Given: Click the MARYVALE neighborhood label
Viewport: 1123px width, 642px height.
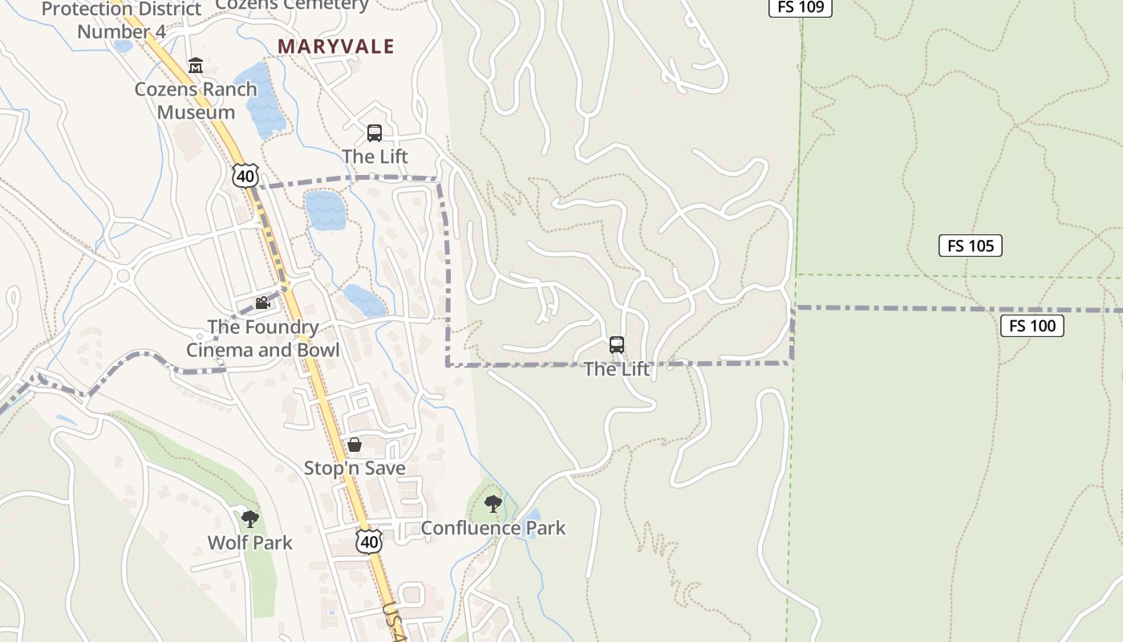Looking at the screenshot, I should (x=336, y=47).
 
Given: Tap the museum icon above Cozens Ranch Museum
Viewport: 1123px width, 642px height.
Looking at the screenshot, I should (x=195, y=65).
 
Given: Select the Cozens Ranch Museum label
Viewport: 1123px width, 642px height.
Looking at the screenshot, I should (x=196, y=100).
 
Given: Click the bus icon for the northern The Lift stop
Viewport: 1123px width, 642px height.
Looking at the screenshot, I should (x=375, y=133).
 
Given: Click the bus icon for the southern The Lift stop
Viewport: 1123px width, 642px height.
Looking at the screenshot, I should (x=617, y=345).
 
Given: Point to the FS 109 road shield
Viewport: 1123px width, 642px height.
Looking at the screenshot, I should (x=801, y=7).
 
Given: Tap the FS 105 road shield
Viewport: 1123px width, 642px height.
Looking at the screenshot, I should (x=970, y=246).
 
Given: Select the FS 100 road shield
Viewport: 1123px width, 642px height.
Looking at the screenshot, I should (x=1032, y=326).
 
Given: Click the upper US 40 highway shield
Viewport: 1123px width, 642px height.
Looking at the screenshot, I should (x=245, y=176).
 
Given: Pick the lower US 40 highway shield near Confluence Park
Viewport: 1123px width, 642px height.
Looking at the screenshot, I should (x=369, y=542).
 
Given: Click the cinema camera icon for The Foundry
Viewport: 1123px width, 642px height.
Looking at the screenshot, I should (x=262, y=303).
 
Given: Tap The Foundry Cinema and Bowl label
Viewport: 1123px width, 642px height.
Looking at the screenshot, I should (x=263, y=339).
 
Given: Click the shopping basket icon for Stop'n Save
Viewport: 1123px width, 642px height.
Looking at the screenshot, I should (x=355, y=445).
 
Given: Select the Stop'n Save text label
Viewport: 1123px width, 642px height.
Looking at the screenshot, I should (x=355, y=468).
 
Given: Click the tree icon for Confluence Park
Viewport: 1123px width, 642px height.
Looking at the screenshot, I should (x=493, y=504).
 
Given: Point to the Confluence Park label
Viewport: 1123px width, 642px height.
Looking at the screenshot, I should (x=493, y=528).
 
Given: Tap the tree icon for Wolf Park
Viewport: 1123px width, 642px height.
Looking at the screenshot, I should (x=250, y=518).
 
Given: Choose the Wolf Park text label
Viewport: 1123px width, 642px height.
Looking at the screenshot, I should (x=250, y=542).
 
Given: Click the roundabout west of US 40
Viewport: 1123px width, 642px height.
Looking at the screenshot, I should (x=123, y=277).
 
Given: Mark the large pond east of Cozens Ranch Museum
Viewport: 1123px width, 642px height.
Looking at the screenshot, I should (x=263, y=100).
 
